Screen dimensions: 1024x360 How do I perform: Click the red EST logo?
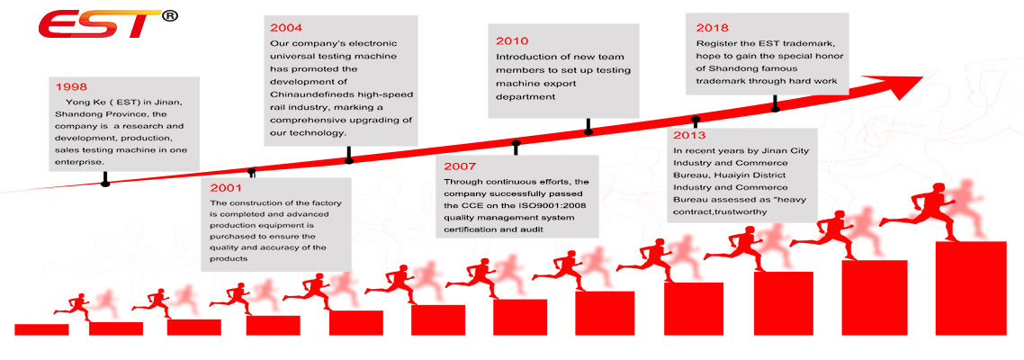click(98, 24)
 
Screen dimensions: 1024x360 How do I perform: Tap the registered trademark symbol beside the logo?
click(169, 16)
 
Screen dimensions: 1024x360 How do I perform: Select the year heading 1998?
click(72, 87)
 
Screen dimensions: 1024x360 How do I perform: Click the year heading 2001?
click(226, 188)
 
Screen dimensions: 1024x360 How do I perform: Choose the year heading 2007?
click(461, 166)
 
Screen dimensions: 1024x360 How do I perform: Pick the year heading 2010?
click(513, 40)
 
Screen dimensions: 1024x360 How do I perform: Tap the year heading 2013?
click(689, 135)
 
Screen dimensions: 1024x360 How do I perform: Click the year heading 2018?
click(713, 28)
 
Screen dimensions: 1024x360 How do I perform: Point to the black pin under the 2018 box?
click(775, 103)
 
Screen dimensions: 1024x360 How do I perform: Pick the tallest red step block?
click(971, 288)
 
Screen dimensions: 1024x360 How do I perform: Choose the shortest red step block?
click(41, 330)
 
